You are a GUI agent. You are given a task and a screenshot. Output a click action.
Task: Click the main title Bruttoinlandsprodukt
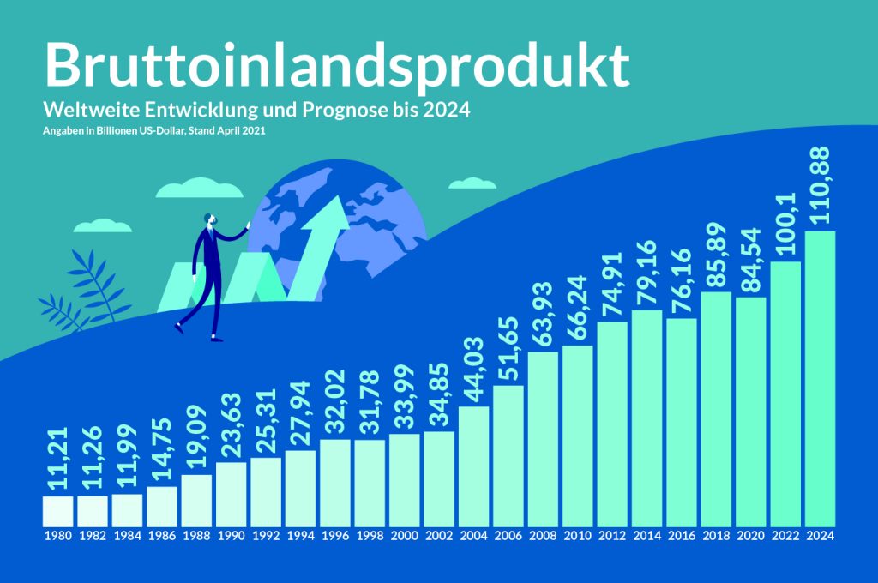point(337,64)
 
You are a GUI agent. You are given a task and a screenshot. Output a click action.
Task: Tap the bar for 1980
point(58,511)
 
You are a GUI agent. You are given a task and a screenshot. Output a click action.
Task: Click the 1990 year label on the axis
point(232,536)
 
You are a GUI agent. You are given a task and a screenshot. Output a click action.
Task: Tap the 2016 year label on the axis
point(681,536)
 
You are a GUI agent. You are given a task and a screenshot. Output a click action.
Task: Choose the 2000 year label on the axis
point(404,536)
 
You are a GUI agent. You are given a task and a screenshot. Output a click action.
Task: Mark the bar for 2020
point(750,411)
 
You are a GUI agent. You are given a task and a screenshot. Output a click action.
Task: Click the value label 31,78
point(370,403)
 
